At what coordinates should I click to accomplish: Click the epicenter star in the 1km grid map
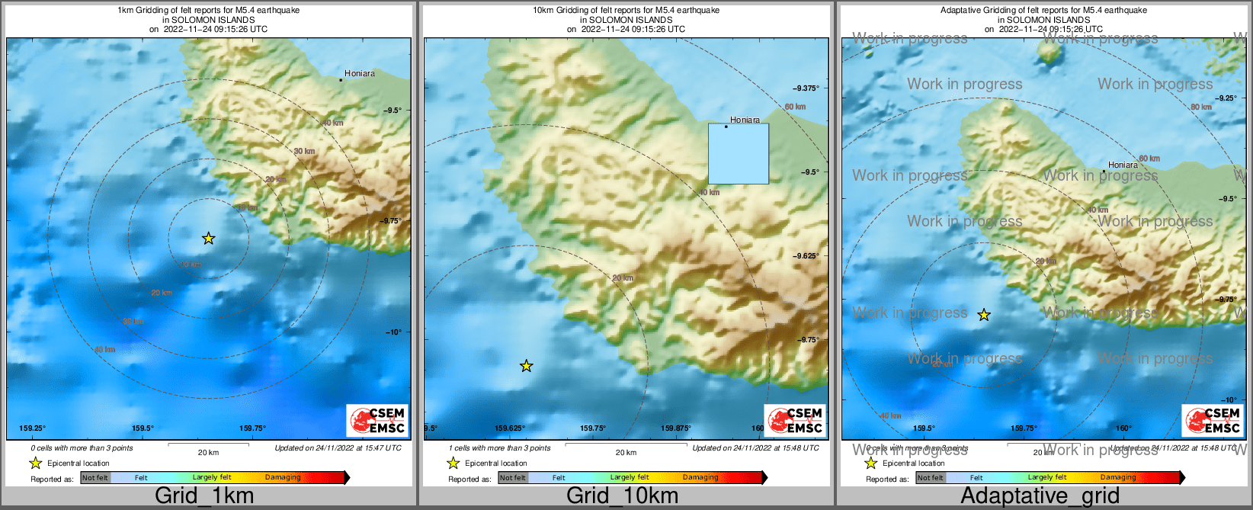(x=208, y=239)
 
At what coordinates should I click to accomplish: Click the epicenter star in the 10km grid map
(x=526, y=366)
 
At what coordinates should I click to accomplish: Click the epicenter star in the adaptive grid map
(x=984, y=315)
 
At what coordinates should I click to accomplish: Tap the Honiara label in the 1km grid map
(x=359, y=74)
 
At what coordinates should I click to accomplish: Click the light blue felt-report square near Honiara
(x=738, y=154)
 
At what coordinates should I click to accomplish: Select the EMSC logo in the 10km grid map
(x=795, y=421)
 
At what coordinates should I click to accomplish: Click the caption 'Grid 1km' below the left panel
(x=203, y=496)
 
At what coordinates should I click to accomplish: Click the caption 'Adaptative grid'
(x=1040, y=496)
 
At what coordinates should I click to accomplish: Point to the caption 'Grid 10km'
(x=622, y=496)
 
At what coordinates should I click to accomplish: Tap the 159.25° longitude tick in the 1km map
(x=32, y=428)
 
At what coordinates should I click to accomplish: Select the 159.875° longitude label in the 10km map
(x=675, y=428)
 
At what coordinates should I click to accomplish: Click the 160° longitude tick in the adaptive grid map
(x=1123, y=428)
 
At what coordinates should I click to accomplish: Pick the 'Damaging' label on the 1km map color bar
(x=283, y=478)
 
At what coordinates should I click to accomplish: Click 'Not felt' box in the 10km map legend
(x=513, y=478)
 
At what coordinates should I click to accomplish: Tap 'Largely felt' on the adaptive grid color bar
(x=1046, y=478)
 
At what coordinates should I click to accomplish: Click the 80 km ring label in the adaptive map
(x=1200, y=107)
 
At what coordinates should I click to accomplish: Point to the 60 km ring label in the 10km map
(x=795, y=107)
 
